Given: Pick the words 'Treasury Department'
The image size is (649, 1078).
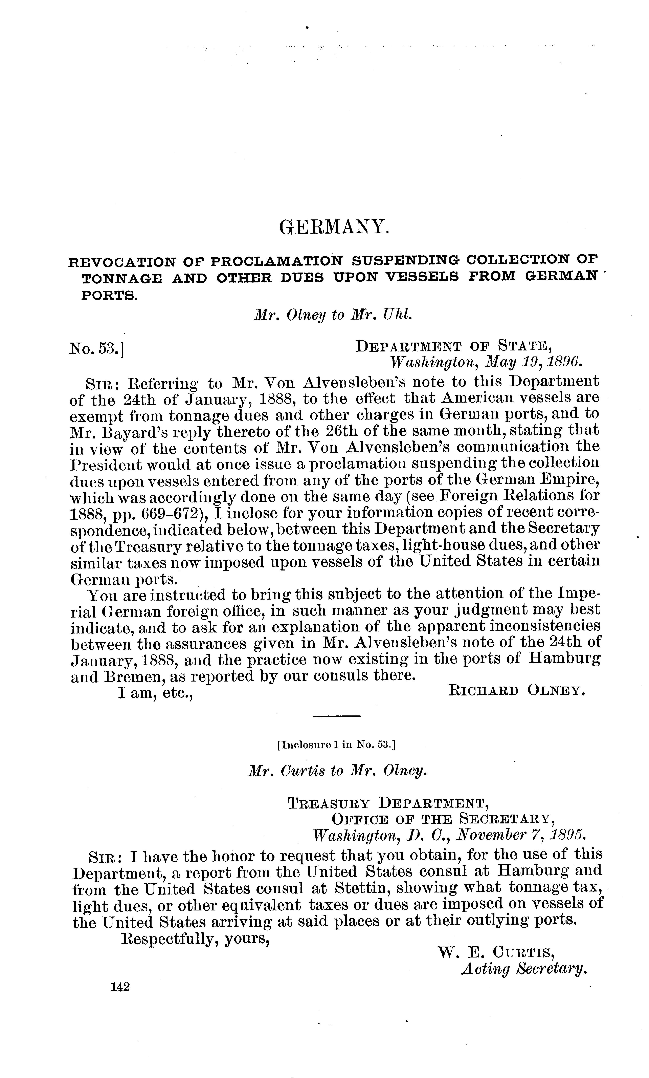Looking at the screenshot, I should (388, 803).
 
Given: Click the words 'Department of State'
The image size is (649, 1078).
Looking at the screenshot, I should (453, 346).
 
